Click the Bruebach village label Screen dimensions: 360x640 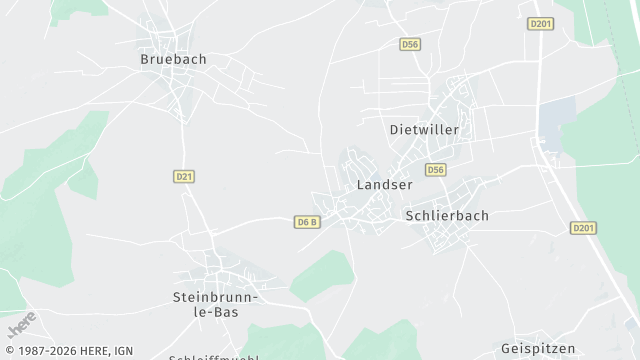[173, 59]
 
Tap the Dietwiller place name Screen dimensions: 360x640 [423, 130]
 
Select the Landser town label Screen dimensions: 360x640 [384, 185]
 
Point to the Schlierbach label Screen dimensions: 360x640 [446, 215]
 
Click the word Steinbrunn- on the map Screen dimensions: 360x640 [216, 297]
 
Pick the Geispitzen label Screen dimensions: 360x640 [538, 348]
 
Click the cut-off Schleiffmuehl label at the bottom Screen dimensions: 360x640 [214, 357]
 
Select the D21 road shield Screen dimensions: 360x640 [183, 176]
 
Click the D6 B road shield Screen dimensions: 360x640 [307, 221]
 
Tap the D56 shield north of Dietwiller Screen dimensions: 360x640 [409, 44]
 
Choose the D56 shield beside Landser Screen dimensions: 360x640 [434, 170]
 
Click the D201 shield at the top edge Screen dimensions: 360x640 [540, 23]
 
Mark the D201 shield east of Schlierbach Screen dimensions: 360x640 [584, 228]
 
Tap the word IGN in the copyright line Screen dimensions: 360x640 [124, 351]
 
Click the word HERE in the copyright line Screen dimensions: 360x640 [92, 351]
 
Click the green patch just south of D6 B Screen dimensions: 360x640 [322, 270]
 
